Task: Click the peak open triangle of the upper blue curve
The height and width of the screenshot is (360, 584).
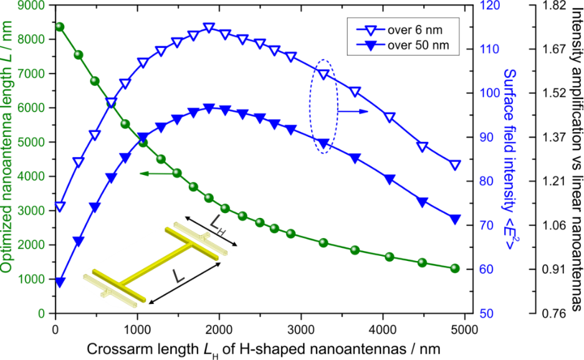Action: pyautogui.click(x=209, y=27)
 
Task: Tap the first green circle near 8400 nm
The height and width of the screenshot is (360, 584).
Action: pyautogui.click(x=60, y=27)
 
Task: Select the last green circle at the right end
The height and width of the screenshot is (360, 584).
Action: pyautogui.click(x=454, y=268)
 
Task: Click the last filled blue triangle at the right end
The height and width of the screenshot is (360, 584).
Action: pyautogui.click(x=454, y=219)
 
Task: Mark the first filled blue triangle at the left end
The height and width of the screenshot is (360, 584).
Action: pyautogui.click(x=60, y=283)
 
